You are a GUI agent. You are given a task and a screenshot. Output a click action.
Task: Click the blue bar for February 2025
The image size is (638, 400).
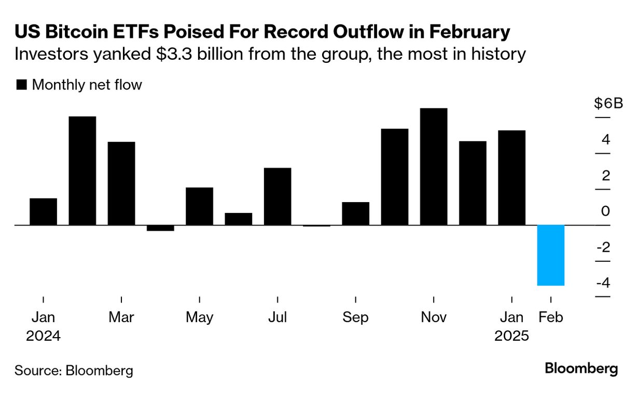point(550,255)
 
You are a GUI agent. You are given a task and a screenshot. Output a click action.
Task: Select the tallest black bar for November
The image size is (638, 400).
point(434,166)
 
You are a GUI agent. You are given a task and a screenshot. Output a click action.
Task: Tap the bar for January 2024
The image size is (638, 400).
point(43,211)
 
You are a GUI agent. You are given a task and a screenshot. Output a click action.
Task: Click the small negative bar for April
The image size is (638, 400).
point(160,228)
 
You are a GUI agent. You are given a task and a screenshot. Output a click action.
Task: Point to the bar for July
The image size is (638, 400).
point(278,196)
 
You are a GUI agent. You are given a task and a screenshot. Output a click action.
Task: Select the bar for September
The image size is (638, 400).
point(355,214)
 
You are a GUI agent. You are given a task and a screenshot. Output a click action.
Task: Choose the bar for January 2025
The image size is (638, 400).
point(511,178)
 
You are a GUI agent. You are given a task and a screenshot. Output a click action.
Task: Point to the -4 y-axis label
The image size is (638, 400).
point(603,283)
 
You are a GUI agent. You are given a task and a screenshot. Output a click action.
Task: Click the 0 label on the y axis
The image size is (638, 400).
point(605,211)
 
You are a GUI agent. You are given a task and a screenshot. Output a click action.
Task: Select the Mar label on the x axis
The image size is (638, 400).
point(121,317)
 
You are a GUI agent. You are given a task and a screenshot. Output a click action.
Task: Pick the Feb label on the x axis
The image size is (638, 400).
point(550,317)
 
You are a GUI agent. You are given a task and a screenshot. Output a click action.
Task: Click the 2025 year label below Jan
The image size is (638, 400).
point(511,336)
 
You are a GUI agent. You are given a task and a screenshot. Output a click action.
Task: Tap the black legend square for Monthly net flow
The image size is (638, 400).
point(22,85)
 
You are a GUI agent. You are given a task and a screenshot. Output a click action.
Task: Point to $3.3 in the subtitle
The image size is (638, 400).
point(172,54)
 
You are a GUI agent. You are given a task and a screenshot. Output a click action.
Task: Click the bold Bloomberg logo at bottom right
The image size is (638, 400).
point(581,369)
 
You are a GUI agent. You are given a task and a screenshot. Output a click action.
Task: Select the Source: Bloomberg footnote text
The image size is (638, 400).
point(74,370)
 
